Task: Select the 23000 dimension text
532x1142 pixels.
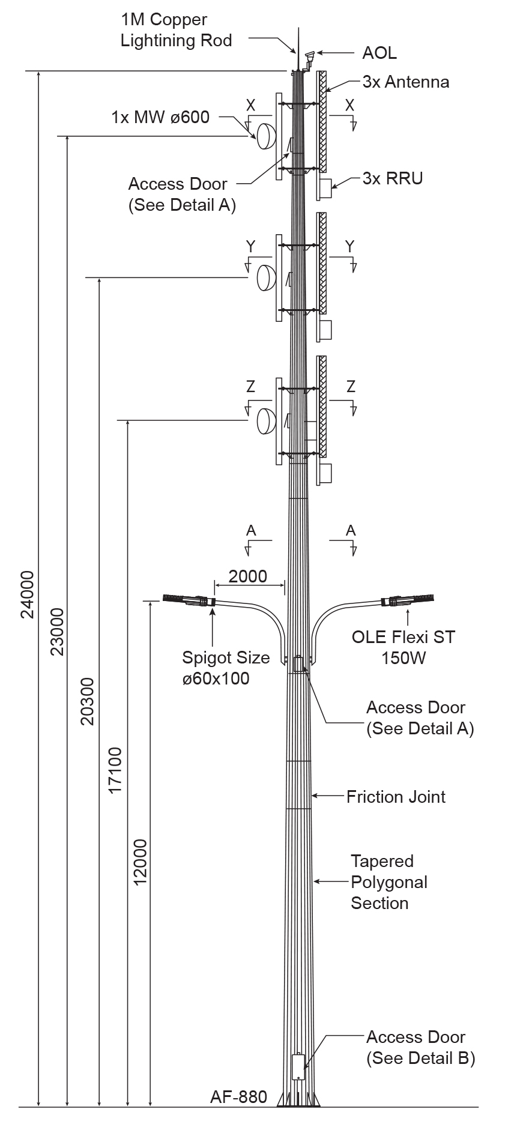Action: click(56, 632)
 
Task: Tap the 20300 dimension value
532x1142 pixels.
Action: click(88, 701)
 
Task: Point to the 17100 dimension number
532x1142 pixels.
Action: click(115, 770)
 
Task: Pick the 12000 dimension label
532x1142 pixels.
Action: click(140, 862)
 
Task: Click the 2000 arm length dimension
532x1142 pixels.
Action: click(248, 576)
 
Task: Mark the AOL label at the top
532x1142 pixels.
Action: click(379, 53)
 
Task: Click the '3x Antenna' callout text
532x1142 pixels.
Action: click(406, 82)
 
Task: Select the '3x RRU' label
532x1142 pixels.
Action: click(393, 178)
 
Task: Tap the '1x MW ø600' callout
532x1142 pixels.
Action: click(161, 117)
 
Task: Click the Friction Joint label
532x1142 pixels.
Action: click(396, 797)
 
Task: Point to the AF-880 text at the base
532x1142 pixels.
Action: click(238, 1097)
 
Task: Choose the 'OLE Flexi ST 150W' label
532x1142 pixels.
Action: click(404, 647)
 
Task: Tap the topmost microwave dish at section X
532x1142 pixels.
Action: click(266, 136)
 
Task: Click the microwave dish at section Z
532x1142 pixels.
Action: click(266, 420)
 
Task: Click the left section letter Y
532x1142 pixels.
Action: click(251, 246)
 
